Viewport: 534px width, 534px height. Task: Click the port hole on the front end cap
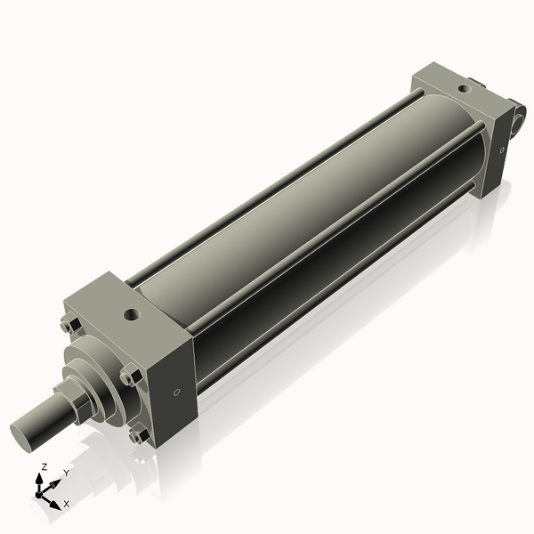point(132,315)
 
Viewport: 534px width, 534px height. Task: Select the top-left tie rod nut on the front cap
point(70,325)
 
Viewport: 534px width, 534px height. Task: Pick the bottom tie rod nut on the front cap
point(136,435)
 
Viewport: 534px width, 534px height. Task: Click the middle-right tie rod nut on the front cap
point(131,377)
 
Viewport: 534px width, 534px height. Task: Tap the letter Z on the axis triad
point(44,466)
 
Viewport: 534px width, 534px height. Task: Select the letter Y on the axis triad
point(67,473)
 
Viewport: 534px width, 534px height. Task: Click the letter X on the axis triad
point(67,504)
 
